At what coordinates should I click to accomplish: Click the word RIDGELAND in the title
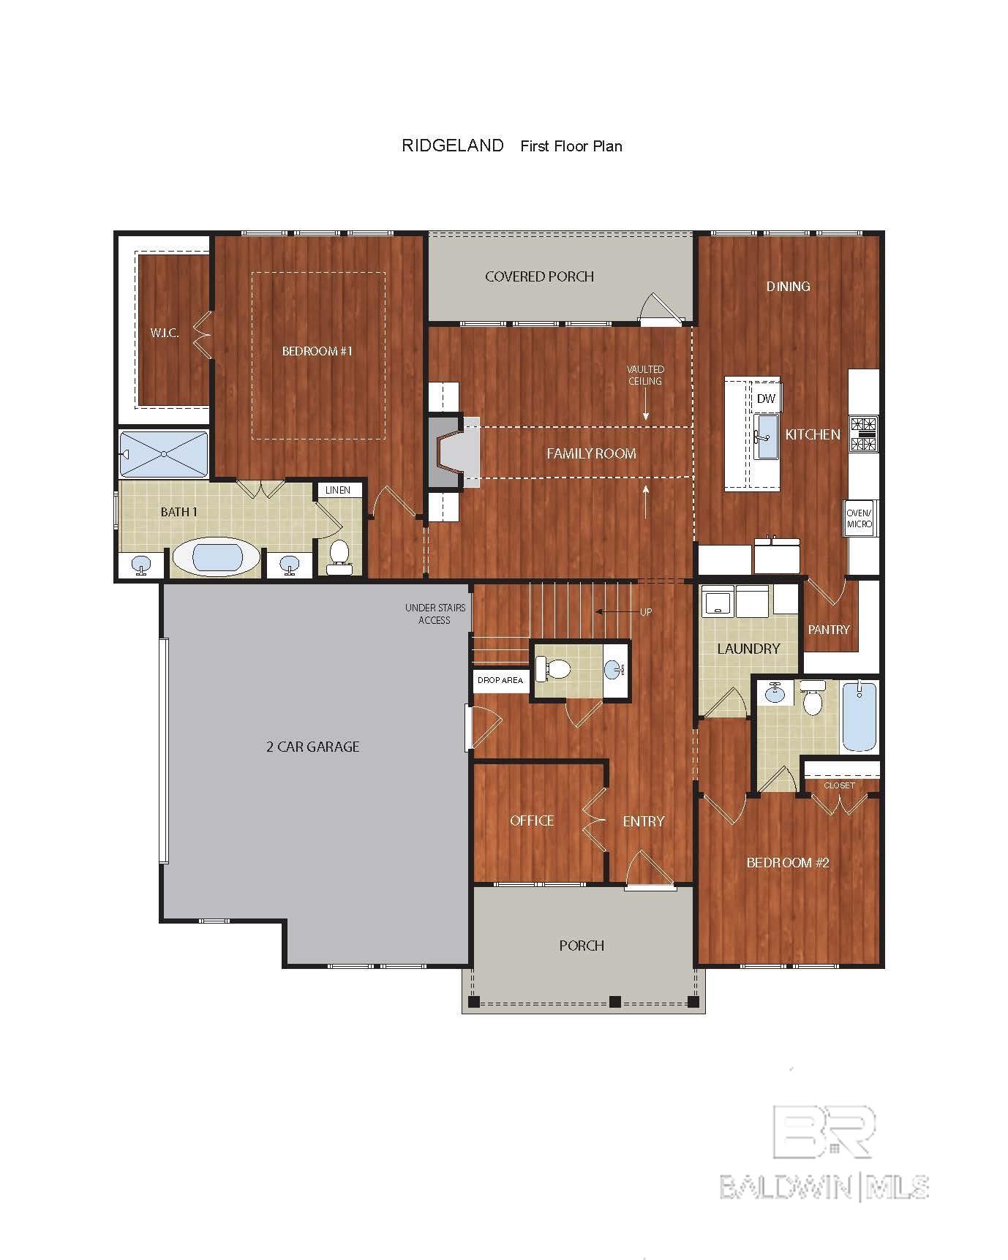(x=453, y=146)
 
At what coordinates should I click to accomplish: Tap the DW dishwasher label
(x=766, y=399)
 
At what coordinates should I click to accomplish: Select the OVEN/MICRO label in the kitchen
(x=860, y=518)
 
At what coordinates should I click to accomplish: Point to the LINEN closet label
(x=338, y=490)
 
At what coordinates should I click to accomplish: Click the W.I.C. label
(x=165, y=333)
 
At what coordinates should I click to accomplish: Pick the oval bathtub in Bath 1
(x=217, y=559)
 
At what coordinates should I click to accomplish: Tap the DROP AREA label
(x=500, y=680)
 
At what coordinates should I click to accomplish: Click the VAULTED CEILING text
(x=645, y=375)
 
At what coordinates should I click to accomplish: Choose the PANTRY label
(x=829, y=629)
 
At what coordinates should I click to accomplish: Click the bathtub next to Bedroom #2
(x=859, y=716)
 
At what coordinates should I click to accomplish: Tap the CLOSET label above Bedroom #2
(x=839, y=785)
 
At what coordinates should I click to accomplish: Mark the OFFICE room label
(x=532, y=820)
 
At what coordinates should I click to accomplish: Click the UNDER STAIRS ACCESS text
(x=435, y=614)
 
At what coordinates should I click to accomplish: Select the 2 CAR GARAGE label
(x=312, y=747)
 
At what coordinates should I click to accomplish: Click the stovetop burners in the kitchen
(x=863, y=434)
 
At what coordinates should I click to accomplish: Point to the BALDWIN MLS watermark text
(x=824, y=1186)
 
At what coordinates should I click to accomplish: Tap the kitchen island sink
(x=766, y=437)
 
